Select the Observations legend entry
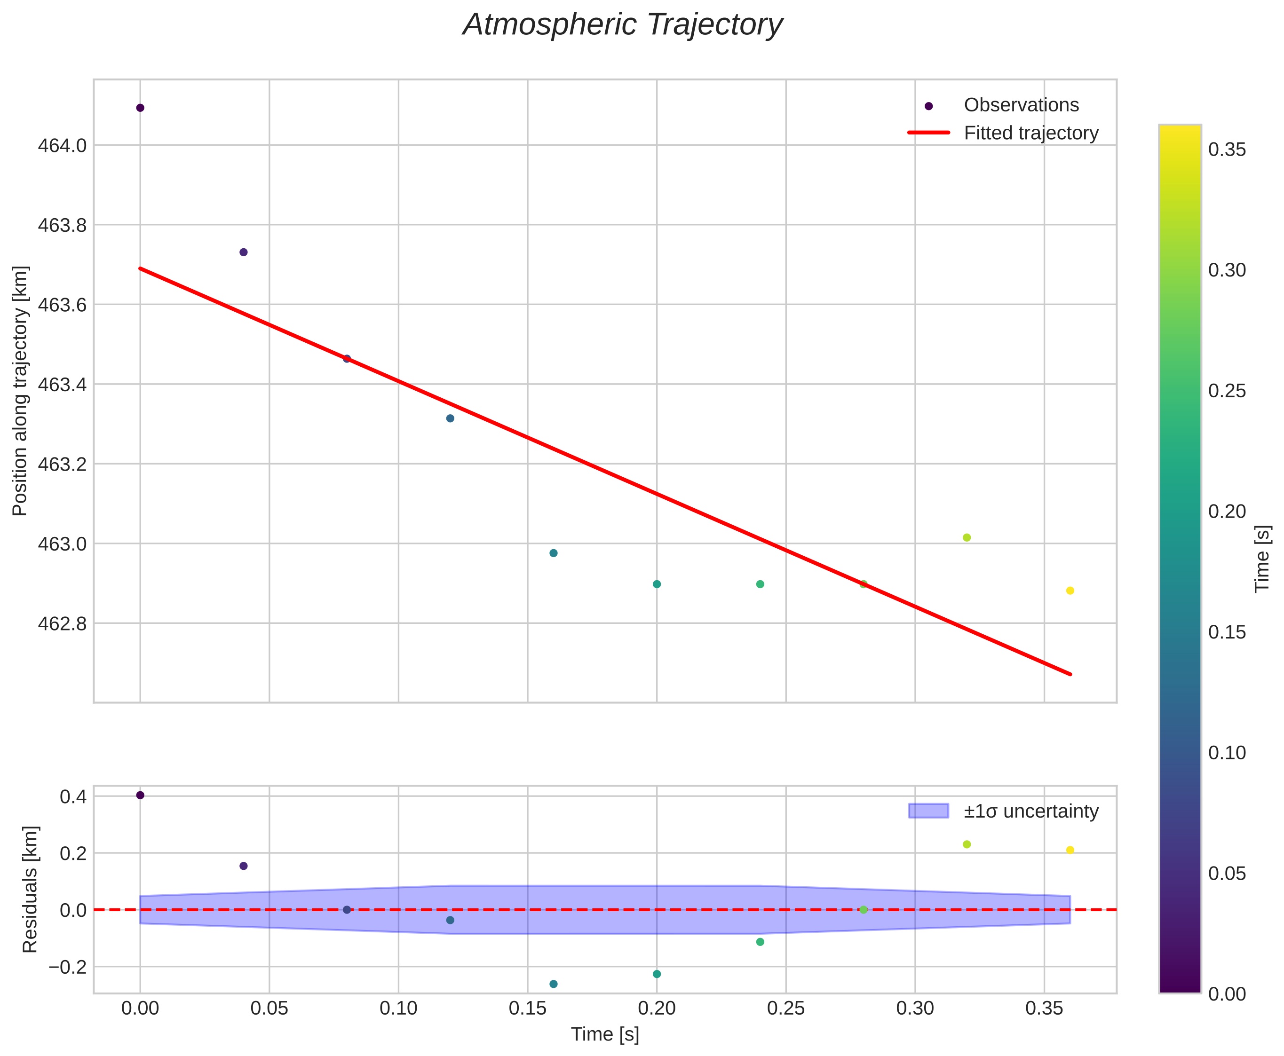pos(1021,105)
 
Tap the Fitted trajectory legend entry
pos(1031,133)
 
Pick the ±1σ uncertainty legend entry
pos(1031,812)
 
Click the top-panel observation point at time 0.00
pos(140,108)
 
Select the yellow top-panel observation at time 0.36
pos(1070,591)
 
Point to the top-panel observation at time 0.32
pos(967,538)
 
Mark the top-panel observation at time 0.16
pos(553,553)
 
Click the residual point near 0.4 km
pos(140,795)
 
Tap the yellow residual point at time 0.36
pos(1070,850)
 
